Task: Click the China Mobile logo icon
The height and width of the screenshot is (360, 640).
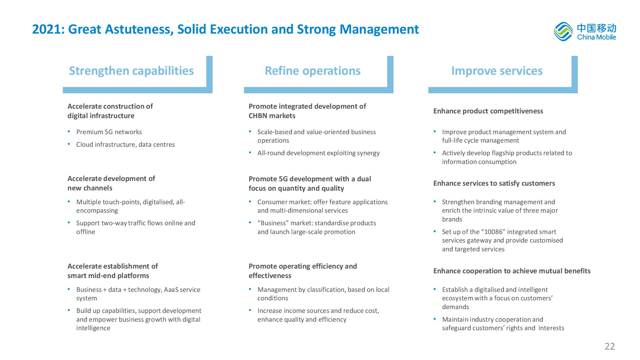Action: [x=563, y=31]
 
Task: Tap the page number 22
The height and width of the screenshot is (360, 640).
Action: [x=610, y=346]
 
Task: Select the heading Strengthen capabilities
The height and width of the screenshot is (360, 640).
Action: [x=131, y=71]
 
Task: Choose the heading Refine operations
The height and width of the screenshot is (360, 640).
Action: [x=312, y=71]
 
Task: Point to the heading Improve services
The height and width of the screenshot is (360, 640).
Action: [x=497, y=71]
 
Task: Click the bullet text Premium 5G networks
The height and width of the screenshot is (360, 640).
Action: [x=109, y=132]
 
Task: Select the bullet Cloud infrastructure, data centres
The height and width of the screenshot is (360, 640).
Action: [x=126, y=145]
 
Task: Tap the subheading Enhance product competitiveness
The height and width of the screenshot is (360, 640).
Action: [x=488, y=111]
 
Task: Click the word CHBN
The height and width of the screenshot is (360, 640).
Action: [x=258, y=116]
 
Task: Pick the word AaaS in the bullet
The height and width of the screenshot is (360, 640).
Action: [x=171, y=290]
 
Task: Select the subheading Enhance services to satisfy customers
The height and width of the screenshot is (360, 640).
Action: [x=494, y=183]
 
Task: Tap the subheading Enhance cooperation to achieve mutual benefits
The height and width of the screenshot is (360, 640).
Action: [x=512, y=271]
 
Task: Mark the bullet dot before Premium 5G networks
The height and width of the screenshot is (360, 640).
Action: [x=69, y=131]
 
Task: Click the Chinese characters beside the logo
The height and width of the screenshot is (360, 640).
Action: [x=597, y=28]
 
